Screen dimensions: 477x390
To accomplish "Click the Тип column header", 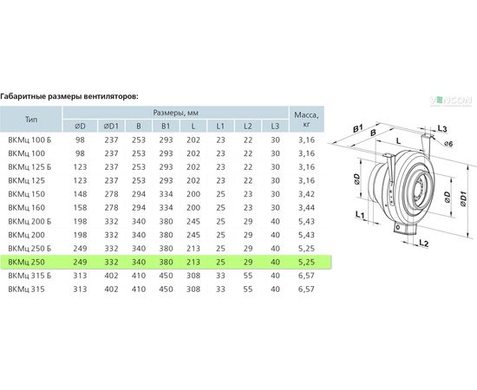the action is coord(31,119).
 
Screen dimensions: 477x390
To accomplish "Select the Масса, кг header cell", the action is coord(307,119).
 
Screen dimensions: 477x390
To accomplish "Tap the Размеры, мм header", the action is coord(175,113).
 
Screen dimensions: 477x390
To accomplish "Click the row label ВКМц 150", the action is coord(27,194).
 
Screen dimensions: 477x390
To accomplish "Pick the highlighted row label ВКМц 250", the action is coord(27,262).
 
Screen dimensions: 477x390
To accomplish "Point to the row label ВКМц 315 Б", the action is coord(29,276).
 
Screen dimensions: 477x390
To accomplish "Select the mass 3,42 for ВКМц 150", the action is coord(306,194).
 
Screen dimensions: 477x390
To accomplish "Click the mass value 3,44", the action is coord(306,208).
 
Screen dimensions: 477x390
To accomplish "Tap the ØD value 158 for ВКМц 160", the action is coord(80,208).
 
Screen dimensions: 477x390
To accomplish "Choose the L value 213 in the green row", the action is coord(193,262).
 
